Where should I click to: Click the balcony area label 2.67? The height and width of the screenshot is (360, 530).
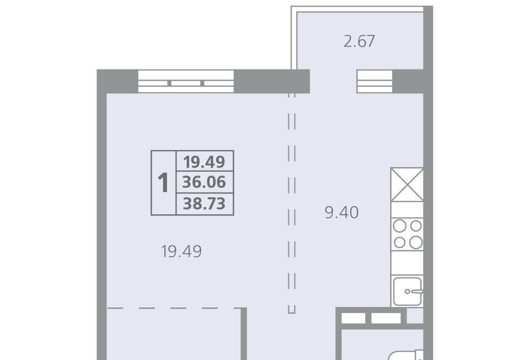[x=359, y=41]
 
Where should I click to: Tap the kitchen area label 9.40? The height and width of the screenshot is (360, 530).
[x=341, y=213]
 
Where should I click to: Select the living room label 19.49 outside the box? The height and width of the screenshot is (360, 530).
[x=181, y=251]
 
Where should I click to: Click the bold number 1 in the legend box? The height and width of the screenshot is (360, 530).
[x=163, y=183]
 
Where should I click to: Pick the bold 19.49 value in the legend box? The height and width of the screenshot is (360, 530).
[x=204, y=162]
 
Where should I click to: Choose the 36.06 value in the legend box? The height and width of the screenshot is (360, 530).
[x=204, y=182]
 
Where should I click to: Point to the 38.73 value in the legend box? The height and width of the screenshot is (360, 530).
[x=204, y=204]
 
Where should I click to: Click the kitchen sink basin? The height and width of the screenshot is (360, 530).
[x=407, y=292]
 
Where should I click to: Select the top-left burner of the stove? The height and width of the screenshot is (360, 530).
[x=400, y=226]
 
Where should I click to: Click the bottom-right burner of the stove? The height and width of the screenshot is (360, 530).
[x=416, y=242]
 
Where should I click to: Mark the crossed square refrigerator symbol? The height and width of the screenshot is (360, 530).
[x=407, y=185]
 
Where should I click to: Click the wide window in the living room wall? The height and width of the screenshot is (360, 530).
[x=186, y=82]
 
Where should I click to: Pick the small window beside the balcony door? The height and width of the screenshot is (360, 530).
[x=375, y=82]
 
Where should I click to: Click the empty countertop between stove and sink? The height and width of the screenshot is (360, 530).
[x=407, y=262]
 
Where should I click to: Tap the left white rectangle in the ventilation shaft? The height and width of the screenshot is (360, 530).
[x=353, y=319]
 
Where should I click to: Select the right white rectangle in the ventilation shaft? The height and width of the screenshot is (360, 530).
[x=386, y=319]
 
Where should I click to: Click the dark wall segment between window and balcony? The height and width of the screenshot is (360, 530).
[x=272, y=82]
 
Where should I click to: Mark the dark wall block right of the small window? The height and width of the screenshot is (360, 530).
[x=408, y=82]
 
